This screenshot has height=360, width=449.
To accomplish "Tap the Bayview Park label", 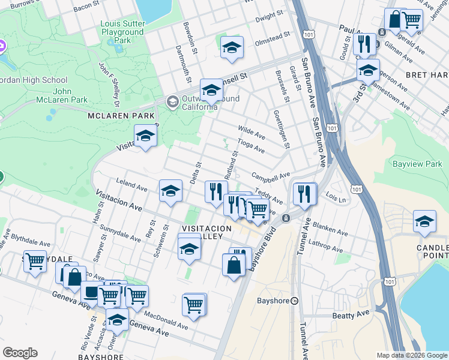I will pyautogui.click(x=417, y=164).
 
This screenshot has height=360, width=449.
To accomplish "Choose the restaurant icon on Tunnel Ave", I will pyautogui.click(x=305, y=194).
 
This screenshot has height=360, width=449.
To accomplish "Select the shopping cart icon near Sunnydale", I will pyautogui.click(x=35, y=261).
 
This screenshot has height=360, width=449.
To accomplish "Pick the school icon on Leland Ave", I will pyautogui.click(x=170, y=191).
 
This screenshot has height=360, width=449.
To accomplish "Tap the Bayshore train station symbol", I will pyautogui.click(x=295, y=301).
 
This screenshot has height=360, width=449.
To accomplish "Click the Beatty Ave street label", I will pyautogui.click(x=349, y=315).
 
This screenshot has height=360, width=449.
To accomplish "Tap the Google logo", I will pyautogui.click(x=20, y=353).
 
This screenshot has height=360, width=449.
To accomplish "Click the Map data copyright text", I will pyautogui.click(x=412, y=355).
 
